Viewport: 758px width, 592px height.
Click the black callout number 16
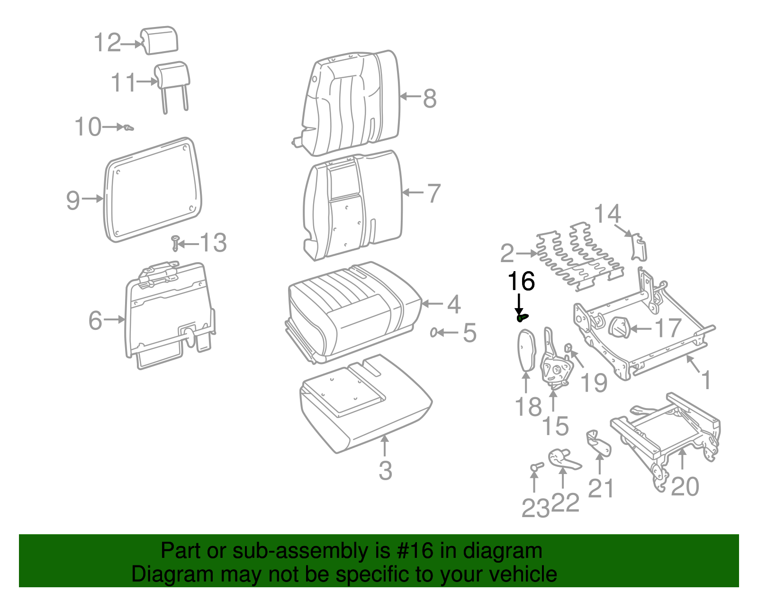521,282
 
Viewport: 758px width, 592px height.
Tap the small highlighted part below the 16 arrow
522,318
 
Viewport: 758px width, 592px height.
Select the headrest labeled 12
159,40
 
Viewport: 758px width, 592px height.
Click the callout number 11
123,82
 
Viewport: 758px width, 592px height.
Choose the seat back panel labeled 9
153,190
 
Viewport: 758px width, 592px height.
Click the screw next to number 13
175,243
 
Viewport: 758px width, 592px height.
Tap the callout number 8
430,99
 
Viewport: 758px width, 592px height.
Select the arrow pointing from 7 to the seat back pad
413,192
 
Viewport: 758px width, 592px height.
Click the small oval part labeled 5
433,332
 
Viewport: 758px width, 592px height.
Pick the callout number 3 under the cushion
386,471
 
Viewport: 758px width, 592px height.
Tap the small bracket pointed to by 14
639,247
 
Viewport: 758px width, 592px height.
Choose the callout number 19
594,383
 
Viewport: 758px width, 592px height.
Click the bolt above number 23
536,466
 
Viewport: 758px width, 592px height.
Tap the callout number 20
685,486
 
